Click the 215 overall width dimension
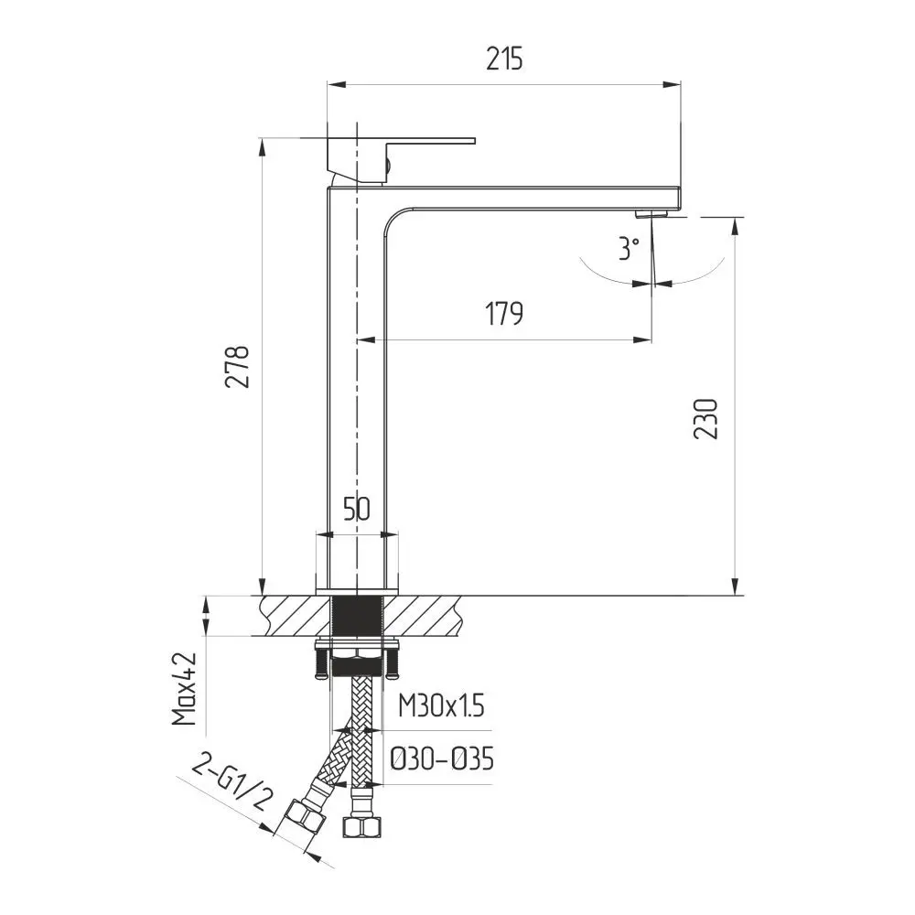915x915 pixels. (x=505, y=59)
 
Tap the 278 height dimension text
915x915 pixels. (x=238, y=367)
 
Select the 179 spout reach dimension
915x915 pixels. (x=504, y=314)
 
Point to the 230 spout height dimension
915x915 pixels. (x=705, y=418)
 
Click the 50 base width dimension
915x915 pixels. (x=357, y=509)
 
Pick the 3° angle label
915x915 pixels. (x=629, y=248)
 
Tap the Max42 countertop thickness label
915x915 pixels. (x=185, y=689)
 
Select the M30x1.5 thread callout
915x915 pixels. (x=441, y=705)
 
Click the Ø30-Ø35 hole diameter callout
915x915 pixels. (x=442, y=759)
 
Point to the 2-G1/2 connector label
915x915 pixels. (x=231, y=785)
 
